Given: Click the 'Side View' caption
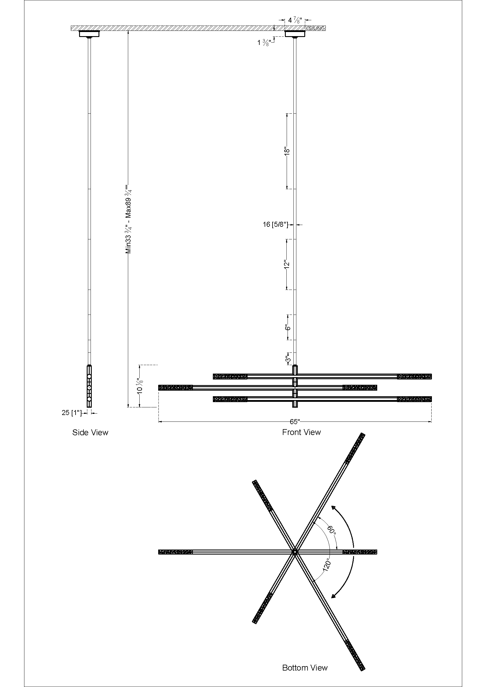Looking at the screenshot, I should click(x=90, y=432).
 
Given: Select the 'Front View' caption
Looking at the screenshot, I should click(x=301, y=432).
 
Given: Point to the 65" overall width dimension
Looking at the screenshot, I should click(x=295, y=421).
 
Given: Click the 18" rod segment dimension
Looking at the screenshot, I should click(x=287, y=151).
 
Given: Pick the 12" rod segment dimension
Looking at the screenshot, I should click(x=287, y=265).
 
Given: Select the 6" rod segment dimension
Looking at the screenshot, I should click(x=288, y=327).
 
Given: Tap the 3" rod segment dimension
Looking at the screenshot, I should click(x=288, y=359).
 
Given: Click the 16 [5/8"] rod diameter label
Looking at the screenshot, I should click(x=275, y=224).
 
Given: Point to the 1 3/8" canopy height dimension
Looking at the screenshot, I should click(x=264, y=43).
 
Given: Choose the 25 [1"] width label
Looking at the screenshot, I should click(x=71, y=413).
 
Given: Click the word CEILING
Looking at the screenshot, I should click(x=315, y=28).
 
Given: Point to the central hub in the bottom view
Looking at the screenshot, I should click(x=295, y=552).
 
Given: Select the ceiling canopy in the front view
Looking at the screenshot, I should click(x=295, y=34).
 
